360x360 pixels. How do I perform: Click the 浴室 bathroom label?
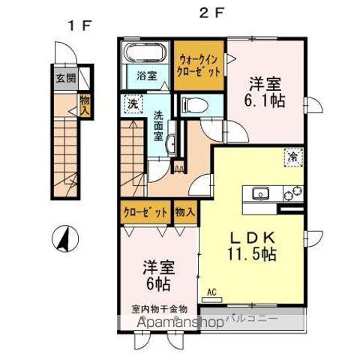[x=145, y=75]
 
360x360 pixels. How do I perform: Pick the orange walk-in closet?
[x=199, y=66]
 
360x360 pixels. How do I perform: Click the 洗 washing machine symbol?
[x=132, y=104]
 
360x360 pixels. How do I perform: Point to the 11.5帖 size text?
[x=253, y=253]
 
